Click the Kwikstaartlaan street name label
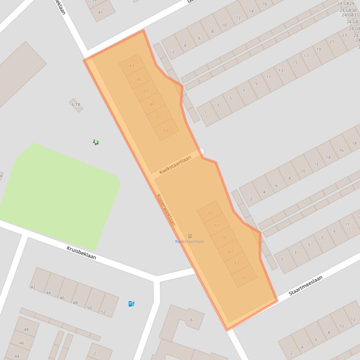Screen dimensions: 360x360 click(175, 165)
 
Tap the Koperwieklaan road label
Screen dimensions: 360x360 click(166, 210)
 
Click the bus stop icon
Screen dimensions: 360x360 click(190, 236)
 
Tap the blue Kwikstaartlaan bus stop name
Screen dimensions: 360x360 click(190, 242)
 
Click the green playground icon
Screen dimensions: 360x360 click(96, 142)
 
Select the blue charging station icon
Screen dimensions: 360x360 click(132, 304)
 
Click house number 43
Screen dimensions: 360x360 click(132, 66)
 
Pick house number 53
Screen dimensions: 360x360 click(165, 130)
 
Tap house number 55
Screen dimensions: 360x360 click(210, 214)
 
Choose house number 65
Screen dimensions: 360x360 click(244, 278)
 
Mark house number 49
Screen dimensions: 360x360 click(152, 105)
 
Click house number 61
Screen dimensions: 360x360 click(230, 252)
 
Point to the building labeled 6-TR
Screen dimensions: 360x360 click(76, 105)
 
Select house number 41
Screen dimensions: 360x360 click(100, 13)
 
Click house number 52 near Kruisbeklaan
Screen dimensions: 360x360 click(103, 312)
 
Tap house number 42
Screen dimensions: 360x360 click(33, 287)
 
